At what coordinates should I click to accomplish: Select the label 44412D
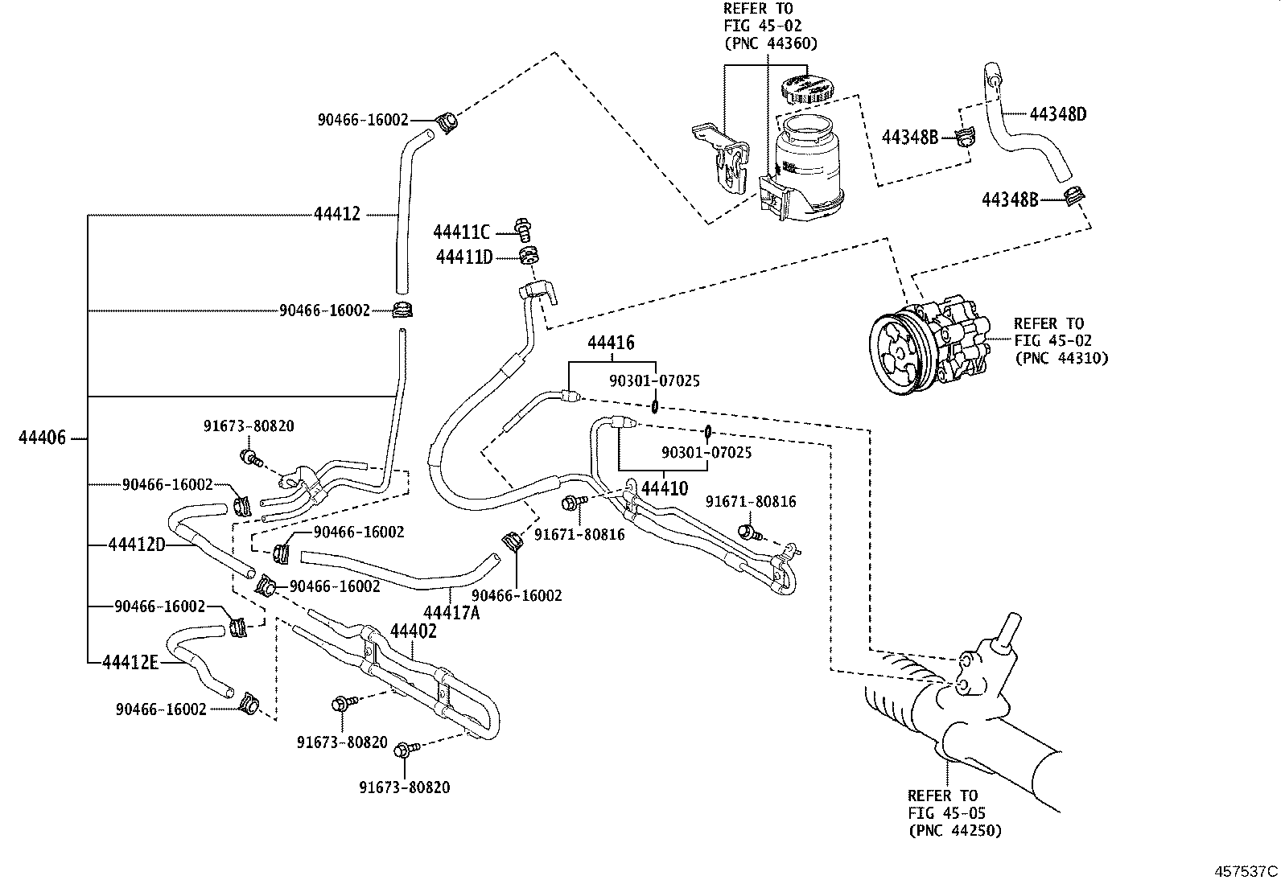(137, 545)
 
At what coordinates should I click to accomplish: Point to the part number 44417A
(451, 613)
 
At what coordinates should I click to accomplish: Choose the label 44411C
(461, 232)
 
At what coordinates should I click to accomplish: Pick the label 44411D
(463, 257)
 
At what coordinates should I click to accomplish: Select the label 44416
(611, 343)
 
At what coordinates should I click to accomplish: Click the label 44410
(664, 487)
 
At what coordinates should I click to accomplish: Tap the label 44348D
(1058, 113)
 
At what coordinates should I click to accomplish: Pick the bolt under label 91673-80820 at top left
(250, 458)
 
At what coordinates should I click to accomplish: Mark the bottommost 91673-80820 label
(404, 787)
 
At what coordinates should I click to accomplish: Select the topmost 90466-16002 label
(363, 120)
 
